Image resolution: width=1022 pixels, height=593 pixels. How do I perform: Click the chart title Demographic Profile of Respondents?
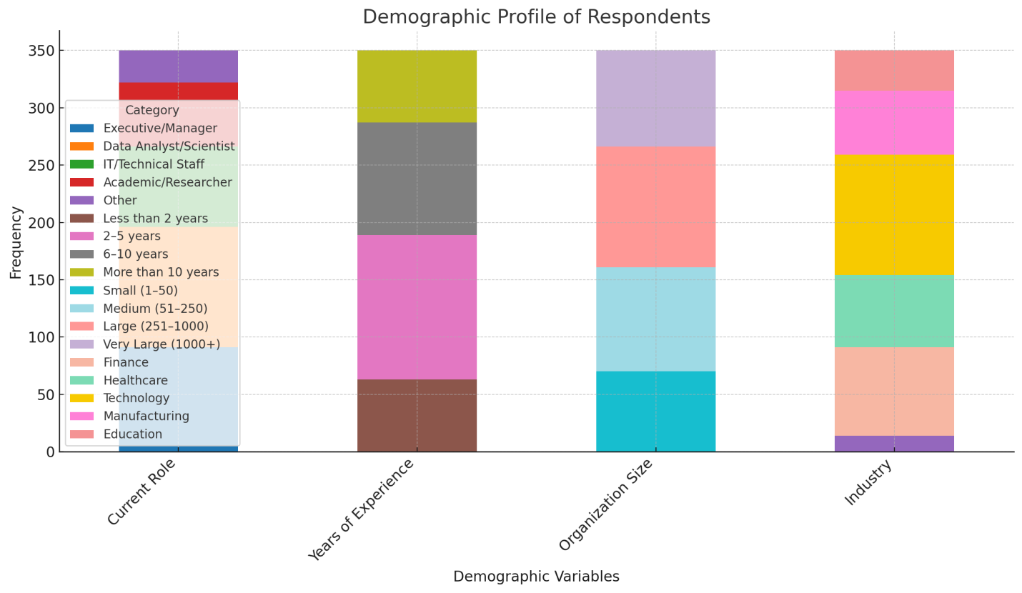click(x=536, y=17)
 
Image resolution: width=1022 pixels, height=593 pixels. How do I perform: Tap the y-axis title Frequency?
click(x=16, y=242)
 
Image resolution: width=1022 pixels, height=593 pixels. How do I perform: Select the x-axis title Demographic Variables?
click(x=536, y=577)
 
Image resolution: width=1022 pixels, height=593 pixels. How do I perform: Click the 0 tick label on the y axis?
click(x=50, y=452)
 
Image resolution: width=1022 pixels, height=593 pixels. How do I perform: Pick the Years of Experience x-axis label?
click(x=362, y=509)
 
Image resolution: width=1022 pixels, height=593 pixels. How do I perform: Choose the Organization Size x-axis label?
click(x=606, y=504)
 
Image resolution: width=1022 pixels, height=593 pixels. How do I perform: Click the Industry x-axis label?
click(x=868, y=483)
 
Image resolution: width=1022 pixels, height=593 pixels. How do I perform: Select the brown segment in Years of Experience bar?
click(x=417, y=415)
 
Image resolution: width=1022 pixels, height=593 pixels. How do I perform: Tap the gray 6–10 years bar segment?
click(x=417, y=179)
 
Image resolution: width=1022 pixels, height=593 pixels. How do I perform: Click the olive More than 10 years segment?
click(x=417, y=86)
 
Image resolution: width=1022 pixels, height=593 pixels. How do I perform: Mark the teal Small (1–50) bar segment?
click(x=655, y=412)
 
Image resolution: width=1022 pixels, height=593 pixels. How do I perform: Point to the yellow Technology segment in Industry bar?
click(x=894, y=215)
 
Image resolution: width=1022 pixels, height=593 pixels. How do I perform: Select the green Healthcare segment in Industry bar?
click(x=894, y=311)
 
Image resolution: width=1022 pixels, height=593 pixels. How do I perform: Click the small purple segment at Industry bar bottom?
click(x=894, y=444)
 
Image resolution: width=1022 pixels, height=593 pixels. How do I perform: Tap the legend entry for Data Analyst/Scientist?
click(x=169, y=146)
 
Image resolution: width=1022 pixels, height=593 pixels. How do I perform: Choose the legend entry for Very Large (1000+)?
click(x=162, y=344)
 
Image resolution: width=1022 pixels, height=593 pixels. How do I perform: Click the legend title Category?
click(x=152, y=111)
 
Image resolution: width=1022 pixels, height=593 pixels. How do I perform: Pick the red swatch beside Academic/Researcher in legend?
click(x=81, y=182)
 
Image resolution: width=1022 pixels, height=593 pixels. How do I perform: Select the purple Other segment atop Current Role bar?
click(x=178, y=66)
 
